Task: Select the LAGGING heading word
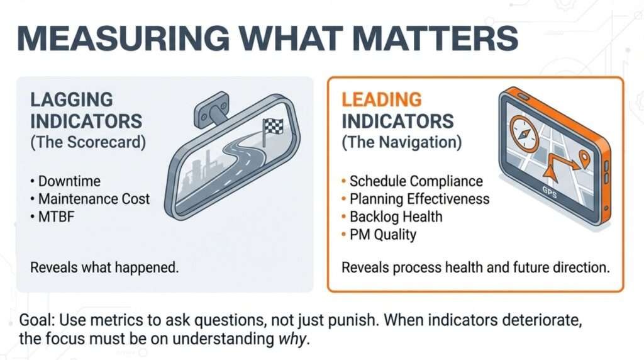[72, 99]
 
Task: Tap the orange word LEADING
[381, 99]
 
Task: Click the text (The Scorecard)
[87, 142]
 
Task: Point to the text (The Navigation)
[401, 142]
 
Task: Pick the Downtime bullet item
[69, 181]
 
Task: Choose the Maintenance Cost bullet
[94, 199]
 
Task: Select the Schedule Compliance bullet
[416, 181]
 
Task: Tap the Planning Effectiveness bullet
[419, 199]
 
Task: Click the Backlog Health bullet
[396, 217]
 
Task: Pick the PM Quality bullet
[382, 235]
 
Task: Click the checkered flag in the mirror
[271, 127]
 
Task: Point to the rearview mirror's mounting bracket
[211, 111]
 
